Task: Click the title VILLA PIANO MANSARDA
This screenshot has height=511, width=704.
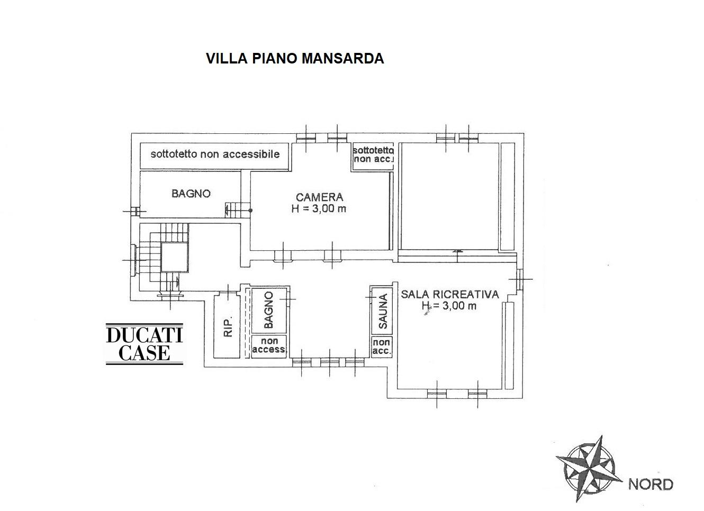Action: [x=295, y=58]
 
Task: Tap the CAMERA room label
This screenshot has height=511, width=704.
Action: [x=319, y=197]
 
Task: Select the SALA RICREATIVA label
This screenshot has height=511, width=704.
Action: [x=450, y=294]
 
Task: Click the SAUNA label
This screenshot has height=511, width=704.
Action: [x=383, y=311]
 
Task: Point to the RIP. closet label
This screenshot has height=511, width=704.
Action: [x=228, y=326]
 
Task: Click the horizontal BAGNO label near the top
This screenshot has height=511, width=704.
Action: [x=191, y=194]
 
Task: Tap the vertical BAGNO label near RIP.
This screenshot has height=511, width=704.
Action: [x=268, y=310]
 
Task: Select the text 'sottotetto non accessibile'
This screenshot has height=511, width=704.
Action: [x=215, y=154]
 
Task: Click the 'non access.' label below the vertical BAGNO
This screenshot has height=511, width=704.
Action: [x=269, y=345]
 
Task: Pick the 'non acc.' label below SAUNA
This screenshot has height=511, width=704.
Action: [x=382, y=346]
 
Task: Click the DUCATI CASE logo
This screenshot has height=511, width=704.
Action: [x=145, y=344]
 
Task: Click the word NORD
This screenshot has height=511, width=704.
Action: [x=651, y=485]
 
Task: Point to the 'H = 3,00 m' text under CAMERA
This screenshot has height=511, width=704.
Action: [x=319, y=208]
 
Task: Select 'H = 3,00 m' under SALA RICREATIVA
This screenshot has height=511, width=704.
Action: [x=449, y=305]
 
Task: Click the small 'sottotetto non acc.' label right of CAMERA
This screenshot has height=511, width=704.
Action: [x=373, y=154]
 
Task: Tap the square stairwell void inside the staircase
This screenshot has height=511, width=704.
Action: [x=175, y=257]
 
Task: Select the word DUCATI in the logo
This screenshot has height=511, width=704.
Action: [x=145, y=335]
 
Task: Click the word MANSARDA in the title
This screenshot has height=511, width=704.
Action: [x=342, y=58]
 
